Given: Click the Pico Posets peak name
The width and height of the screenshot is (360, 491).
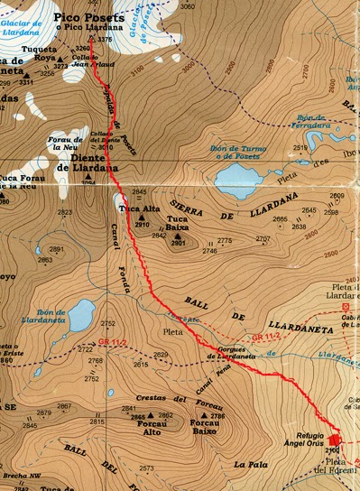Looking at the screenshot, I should (x=84, y=17).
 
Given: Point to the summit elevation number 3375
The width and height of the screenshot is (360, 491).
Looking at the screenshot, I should (x=106, y=40).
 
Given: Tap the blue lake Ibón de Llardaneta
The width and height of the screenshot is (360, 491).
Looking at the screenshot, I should (x=76, y=315).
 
